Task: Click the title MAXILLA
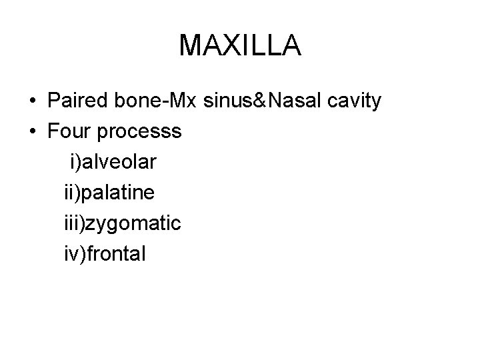pos(240,45)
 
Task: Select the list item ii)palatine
pos(109,193)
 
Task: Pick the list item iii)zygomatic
pos(122,223)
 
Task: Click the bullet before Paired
pos(32,102)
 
